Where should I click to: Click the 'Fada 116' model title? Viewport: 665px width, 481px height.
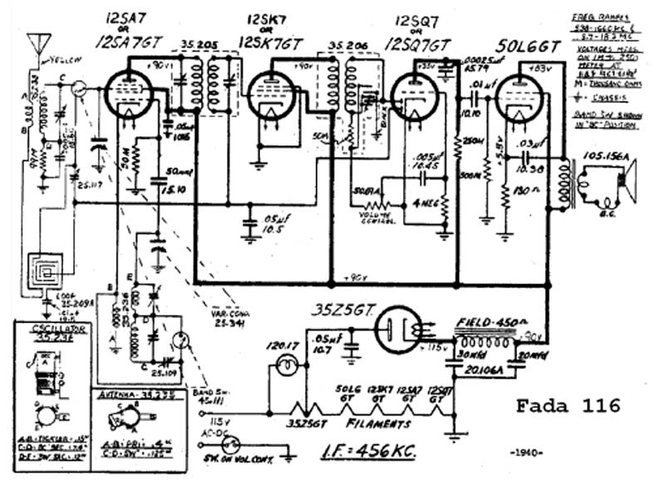[x=568, y=405]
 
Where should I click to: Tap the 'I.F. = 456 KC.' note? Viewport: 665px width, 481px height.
[x=368, y=451]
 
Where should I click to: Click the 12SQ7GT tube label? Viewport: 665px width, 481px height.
[x=413, y=45]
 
